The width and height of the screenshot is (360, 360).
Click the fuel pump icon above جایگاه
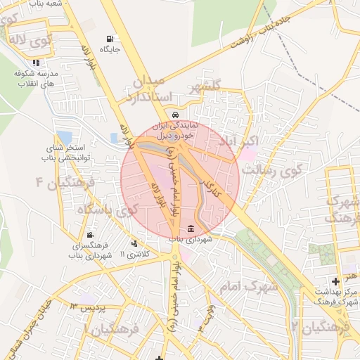pos(108,39)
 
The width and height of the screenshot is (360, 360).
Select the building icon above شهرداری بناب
pos(191,228)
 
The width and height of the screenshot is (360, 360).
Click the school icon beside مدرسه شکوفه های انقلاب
pos(17,73)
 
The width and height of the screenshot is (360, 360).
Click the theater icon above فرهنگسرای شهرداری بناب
pos(89,236)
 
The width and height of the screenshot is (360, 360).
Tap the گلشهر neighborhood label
pos(205,86)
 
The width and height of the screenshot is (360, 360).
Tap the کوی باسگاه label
pos(107,210)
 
